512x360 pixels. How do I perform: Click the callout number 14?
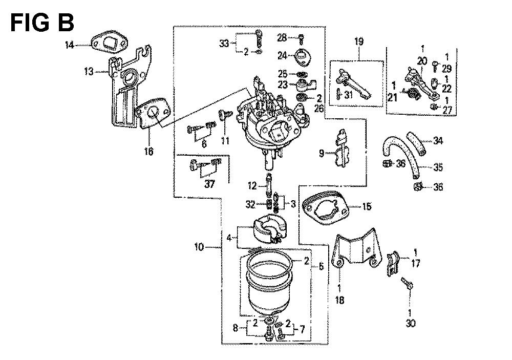point(70,46)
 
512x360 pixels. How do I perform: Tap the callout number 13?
point(89,72)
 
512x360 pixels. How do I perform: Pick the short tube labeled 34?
point(416,143)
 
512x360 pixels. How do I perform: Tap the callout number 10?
point(200,248)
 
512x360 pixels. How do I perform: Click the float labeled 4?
point(267,231)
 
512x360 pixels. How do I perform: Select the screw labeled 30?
point(408,283)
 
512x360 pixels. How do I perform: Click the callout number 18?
point(339,301)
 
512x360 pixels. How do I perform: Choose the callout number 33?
point(224,44)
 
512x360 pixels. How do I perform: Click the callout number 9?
point(321,153)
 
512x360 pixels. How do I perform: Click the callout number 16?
point(149,152)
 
